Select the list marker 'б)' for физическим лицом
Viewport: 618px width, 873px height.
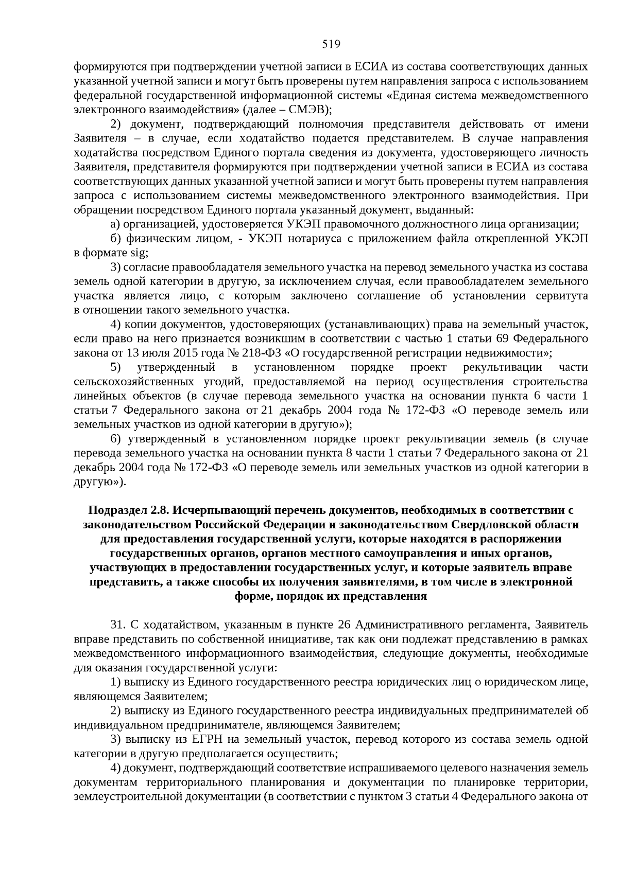point(116,239)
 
